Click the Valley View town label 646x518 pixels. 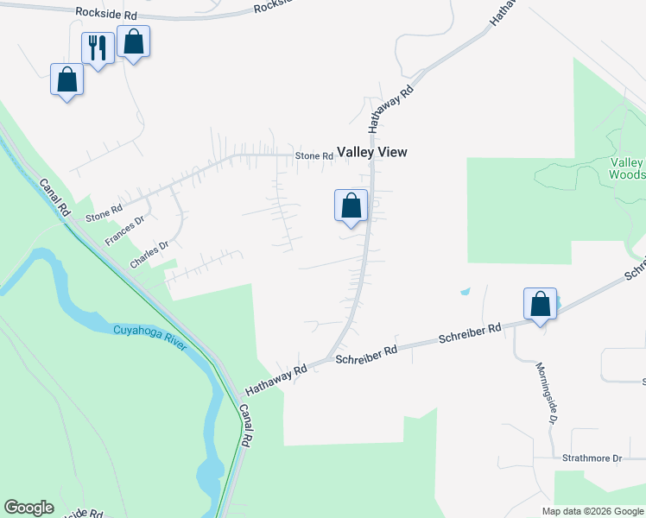tap(371, 152)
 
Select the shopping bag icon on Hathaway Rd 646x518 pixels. tap(351, 206)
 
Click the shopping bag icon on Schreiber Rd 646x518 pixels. tap(540, 305)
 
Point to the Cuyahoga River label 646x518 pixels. tap(149, 338)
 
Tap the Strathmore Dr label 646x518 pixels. tap(592, 458)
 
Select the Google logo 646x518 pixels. tap(28, 508)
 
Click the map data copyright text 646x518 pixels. tap(592, 511)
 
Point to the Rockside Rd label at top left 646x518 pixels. tap(106, 14)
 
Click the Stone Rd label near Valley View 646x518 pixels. tap(313, 155)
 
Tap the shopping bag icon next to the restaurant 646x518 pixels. tap(134, 41)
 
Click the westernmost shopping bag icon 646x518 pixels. tap(66, 80)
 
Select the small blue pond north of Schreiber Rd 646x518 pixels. tap(465, 291)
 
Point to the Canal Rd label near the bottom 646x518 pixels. tap(245, 425)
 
